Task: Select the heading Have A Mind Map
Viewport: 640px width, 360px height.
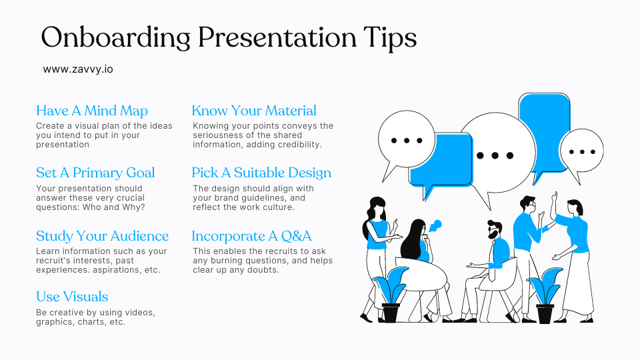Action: (x=92, y=111)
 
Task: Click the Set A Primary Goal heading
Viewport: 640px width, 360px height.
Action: (x=95, y=173)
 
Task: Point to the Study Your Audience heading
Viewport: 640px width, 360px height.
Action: (x=102, y=236)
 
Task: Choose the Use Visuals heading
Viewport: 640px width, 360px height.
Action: (x=72, y=297)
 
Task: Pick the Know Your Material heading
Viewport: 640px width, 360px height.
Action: (x=254, y=111)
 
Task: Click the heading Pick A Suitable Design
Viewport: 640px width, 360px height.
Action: (x=261, y=173)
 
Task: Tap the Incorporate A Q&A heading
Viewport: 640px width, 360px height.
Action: (x=251, y=236)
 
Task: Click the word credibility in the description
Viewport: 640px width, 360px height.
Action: (x=297, y=145)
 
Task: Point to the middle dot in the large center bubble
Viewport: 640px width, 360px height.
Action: (x=495, y=155)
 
